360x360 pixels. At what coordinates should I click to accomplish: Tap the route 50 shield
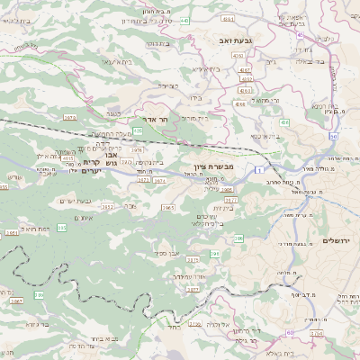click(x=333, y=136)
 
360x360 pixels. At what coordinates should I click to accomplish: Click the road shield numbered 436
click(x=285, y=121)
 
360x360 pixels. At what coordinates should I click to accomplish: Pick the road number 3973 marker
click(x=69, y=117)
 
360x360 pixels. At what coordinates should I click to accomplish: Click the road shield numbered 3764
click(x=316, y=333)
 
